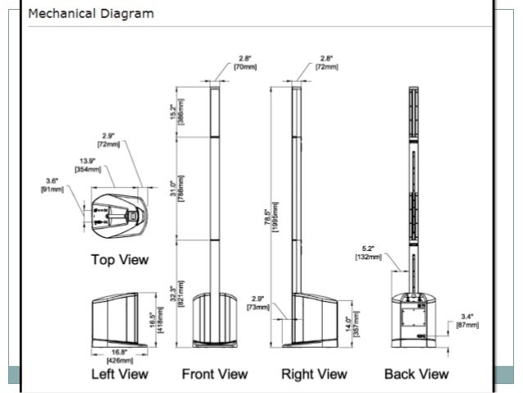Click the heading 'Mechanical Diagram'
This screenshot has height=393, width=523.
90,14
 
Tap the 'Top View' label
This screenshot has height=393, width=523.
119,260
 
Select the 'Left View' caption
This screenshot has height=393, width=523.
120,374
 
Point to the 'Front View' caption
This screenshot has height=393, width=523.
215,374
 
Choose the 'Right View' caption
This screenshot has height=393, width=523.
314,374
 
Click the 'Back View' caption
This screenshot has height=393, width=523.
416,374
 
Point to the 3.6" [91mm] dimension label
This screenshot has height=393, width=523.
52,185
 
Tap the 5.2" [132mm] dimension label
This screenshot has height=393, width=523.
368,252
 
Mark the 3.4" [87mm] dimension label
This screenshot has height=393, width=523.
466,320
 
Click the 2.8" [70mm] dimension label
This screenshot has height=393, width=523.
245,62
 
